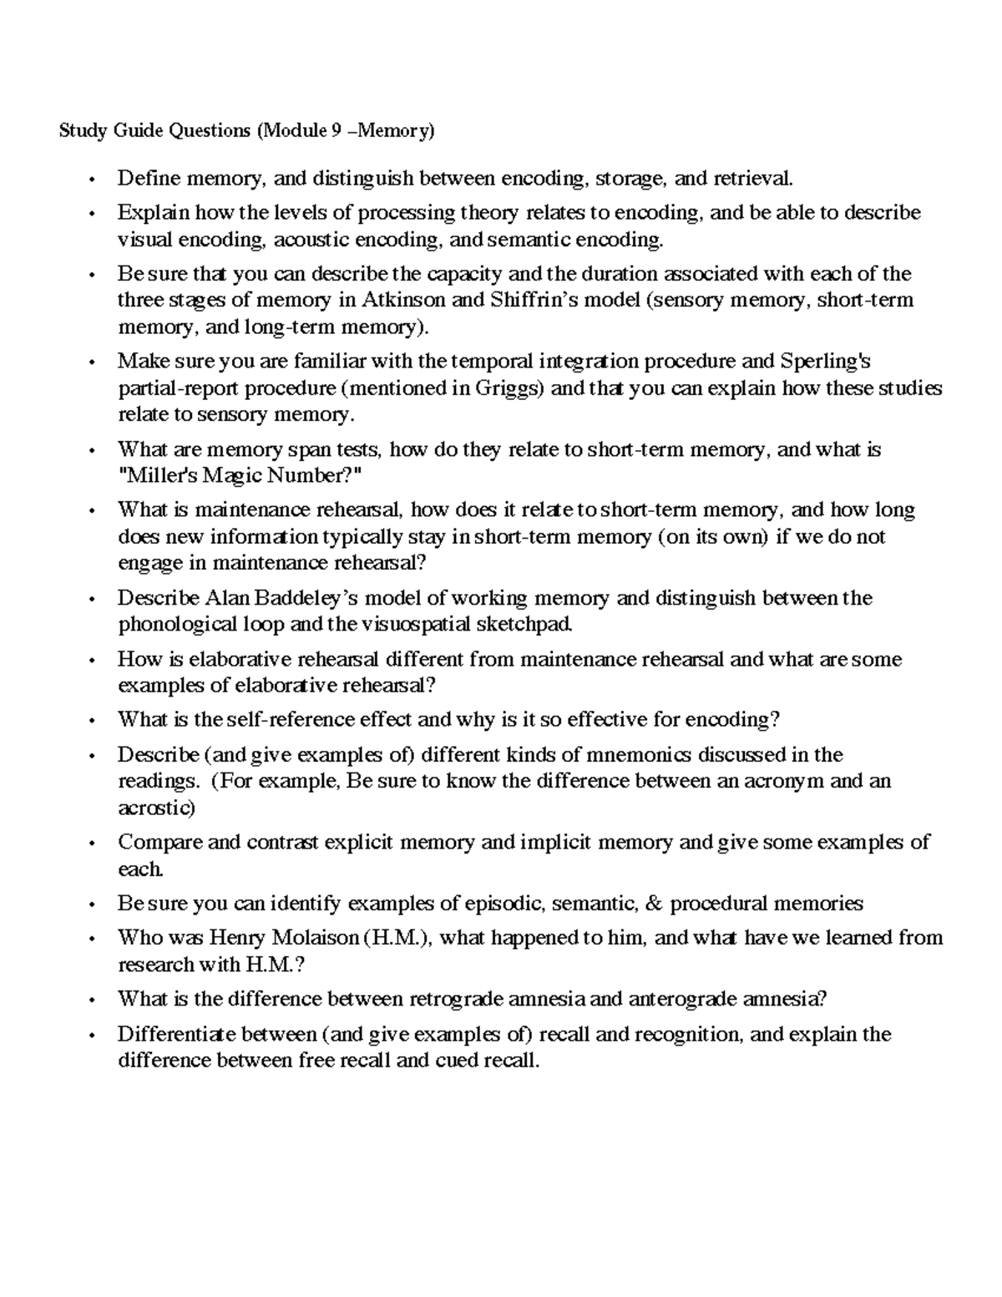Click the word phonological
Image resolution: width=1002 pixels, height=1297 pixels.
coord(173,625)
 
